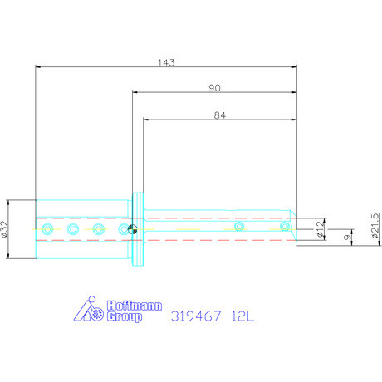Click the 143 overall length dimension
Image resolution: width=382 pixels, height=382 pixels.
pyautogui.click(x=166, y=62)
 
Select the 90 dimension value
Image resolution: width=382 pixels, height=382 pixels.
pyautogui.click(x=214, y=88)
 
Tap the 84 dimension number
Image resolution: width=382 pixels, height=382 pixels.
pyautogui.click(x=220, y=115)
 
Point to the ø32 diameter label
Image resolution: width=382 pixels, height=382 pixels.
pyautogui.click(x=4, y=229)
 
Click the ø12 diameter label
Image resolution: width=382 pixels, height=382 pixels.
pyautogui.click(x=320, y=229)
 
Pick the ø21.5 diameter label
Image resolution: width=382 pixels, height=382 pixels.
pyautogui.click(x=375, y=226)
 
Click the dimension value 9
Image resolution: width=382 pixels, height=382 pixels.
pyautogui.click(x=346, y=238)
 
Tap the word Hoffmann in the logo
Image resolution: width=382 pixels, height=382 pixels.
pyautogui.click(x=135, y=306)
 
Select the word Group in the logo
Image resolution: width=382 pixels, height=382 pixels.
pyautogui.click(x=125, y=316)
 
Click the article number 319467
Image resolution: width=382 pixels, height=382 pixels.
pyautogui.click(x=196, y=316)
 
